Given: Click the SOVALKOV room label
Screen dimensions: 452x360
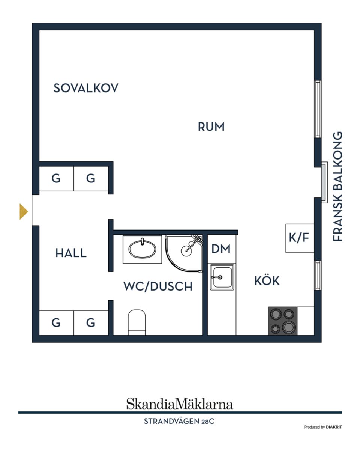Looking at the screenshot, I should point(86,88).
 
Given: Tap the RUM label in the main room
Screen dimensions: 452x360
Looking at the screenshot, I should point(211,127).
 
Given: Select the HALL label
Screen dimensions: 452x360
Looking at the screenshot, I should point(71,253).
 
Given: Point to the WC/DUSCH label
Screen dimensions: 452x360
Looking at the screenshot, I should point(158,286).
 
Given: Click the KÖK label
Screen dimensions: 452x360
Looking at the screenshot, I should point(267,281).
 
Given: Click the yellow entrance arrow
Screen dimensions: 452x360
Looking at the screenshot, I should point(24,211).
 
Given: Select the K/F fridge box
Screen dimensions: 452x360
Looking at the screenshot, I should point(299,238).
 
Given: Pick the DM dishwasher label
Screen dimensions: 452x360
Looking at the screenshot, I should point(221,249).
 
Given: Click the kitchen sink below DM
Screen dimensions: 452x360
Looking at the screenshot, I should point(222,277).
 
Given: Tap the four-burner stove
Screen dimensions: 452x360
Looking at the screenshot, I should point(283,321).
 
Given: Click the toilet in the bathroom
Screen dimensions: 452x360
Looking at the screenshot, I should point(137,322).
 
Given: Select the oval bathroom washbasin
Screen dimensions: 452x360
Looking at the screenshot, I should point(142,249).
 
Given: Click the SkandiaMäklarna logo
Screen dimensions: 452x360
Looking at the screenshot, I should point(180,404).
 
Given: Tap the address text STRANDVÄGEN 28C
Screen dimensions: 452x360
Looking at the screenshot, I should point(179,422).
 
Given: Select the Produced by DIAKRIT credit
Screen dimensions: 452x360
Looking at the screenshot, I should point(323,427).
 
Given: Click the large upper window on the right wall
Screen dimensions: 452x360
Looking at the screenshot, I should point(318,109).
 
